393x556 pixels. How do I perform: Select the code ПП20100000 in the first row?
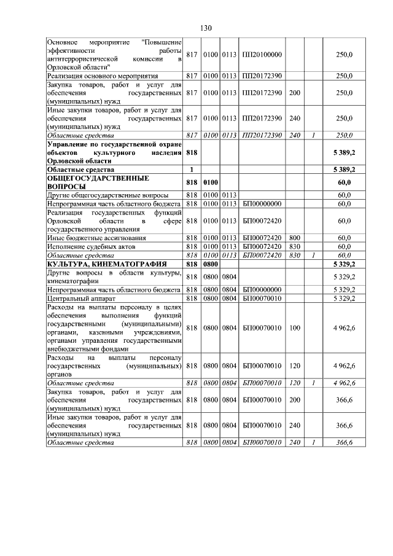[x=262, y=55]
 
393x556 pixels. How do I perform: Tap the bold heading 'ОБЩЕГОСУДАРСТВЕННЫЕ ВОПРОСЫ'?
[x=98, y=182]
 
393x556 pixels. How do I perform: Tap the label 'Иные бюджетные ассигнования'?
[x=90, y=238]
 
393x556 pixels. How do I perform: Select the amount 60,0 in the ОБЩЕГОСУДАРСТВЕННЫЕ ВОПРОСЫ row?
[x=344, y=182]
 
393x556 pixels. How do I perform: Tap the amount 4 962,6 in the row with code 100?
[x=344, y=328]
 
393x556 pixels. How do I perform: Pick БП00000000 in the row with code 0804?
[x=262, y=289]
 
